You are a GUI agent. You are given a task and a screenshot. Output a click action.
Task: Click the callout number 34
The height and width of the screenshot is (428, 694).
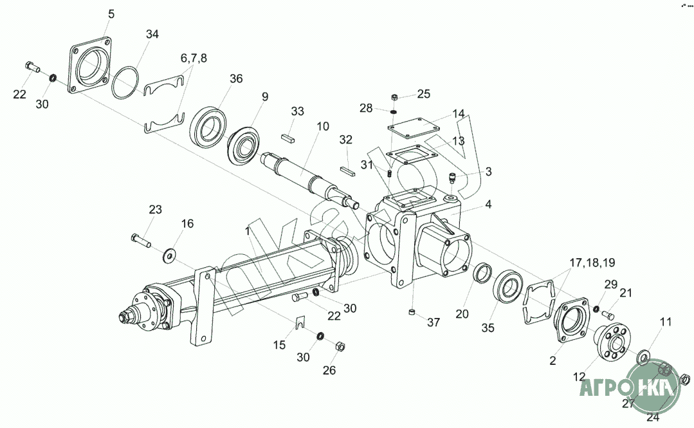[152, 34]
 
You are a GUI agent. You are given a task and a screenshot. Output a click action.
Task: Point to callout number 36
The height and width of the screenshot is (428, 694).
[236, 79]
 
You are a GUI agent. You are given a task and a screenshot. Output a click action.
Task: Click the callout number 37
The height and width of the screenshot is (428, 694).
[434, 322]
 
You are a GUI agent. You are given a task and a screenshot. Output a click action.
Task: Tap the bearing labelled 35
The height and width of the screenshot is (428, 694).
[509, 286]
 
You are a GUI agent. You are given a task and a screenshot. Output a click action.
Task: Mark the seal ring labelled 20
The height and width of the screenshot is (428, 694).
[482, 273]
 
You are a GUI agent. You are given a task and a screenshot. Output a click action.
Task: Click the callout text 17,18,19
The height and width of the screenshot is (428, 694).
[592, 263]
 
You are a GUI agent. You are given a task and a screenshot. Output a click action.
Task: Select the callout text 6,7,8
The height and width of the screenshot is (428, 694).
[194, 58]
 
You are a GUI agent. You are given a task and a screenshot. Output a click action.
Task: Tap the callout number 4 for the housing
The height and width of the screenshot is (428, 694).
[489, 205]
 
